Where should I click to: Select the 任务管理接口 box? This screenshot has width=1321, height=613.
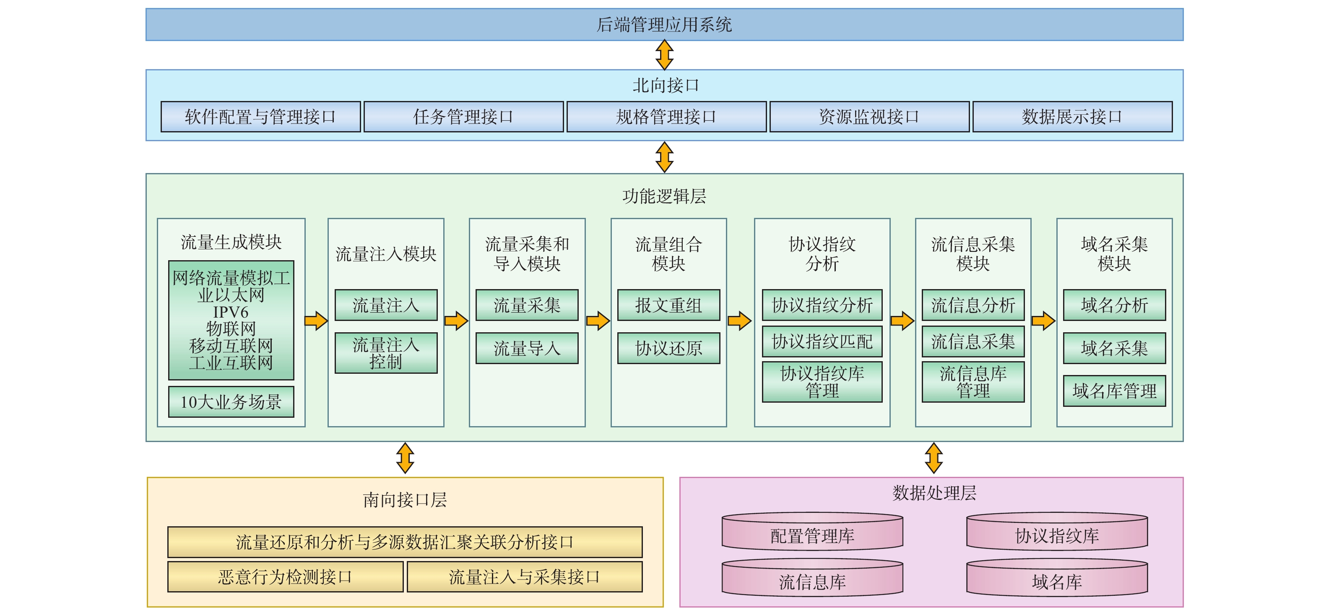click(463, 117)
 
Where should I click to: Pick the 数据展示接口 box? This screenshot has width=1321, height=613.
click(1072, 117)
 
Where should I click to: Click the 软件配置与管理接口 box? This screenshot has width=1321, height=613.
click(260, 117)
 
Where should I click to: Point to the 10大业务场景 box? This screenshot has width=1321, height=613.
click(231, 402)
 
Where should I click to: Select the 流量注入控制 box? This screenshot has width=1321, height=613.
click(386, 353)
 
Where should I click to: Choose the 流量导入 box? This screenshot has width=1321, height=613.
click(527, 349)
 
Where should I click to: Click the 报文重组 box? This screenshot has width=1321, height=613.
click(668, 305)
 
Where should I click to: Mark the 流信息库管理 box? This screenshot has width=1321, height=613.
click(973, 382)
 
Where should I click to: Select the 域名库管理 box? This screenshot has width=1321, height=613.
click(1114, 391)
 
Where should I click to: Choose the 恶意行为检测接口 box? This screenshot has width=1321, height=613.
click(285, 577)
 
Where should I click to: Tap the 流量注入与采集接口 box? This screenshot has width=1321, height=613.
click(524, 577)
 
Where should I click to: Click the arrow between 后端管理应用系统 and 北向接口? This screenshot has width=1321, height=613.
click(664, 55)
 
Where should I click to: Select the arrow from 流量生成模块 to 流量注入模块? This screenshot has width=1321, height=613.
click(316, 321)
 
